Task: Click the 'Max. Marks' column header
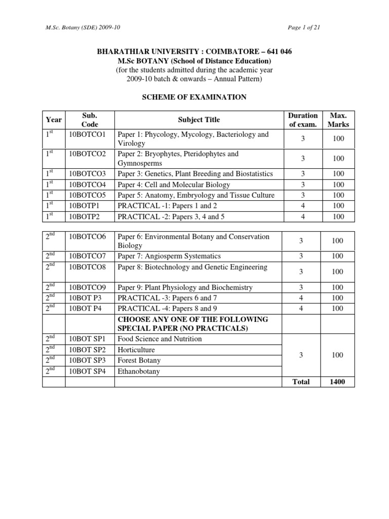338,120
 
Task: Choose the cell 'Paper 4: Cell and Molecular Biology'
173,184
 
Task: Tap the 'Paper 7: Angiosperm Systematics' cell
169,256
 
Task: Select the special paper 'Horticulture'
136,350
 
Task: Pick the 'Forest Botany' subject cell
139,360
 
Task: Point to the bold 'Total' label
301,382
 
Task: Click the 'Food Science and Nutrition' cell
157,339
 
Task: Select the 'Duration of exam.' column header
302,120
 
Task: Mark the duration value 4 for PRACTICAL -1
302,206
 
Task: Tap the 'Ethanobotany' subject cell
138,371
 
